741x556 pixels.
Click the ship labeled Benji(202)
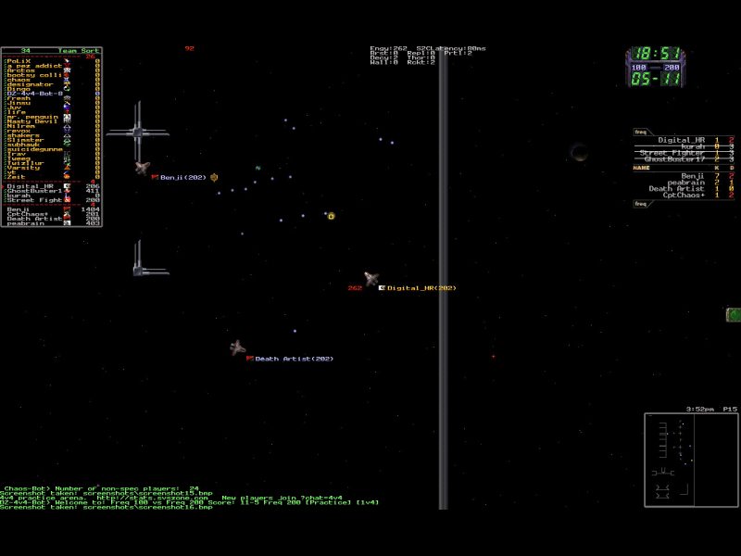click(x=142, y=168)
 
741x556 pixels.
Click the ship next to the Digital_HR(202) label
click(x=371, y=278)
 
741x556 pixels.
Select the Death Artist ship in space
click(x=237, y=347)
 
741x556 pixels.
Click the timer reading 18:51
click(x=656, y=54)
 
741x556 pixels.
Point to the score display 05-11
click(x=656, y=80)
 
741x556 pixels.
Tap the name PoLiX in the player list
click(x=18, y=60)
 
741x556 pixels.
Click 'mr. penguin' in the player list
click(x=31, y=117)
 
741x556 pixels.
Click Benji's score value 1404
click(x=91, y=209)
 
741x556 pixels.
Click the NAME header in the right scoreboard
click(x=641, y=168)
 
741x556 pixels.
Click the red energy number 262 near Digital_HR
click(x=355, y=288)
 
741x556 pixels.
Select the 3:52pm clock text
click(x=700, y=409)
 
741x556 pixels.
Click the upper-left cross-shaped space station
click(x=137, y=133)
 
